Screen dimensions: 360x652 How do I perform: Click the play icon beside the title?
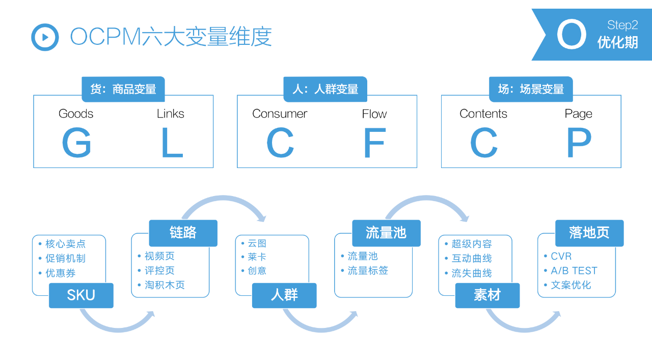coord(45,37)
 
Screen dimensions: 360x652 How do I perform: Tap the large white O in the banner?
coord(571,35)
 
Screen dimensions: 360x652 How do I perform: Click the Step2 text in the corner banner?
coord(622,25)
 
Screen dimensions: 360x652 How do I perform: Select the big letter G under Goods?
coord(76,143)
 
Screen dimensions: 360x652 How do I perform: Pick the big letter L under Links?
coord(172,143)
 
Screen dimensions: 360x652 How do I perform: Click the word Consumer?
coord(280,114)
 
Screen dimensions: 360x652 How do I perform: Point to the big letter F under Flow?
coord(374,143)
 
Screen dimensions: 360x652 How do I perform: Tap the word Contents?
coord(483,114)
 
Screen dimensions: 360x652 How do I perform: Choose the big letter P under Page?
coord(579,143)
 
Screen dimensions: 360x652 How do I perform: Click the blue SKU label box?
coord(81,295)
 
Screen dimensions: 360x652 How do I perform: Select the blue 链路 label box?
coord(183,233)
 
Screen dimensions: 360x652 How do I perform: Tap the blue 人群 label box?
coord(284,295)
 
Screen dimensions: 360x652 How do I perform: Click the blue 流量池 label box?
coord(386,233)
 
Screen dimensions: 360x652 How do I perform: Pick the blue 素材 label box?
coord(487,295)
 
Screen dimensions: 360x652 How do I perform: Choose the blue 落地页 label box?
coord(589,233)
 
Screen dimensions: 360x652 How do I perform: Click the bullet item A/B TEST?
coord(574,270)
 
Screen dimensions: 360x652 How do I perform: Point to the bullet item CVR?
coord(561,256)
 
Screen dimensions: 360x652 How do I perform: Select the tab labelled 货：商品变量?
coord(123,89)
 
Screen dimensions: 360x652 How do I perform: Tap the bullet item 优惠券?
coord(60,273)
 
